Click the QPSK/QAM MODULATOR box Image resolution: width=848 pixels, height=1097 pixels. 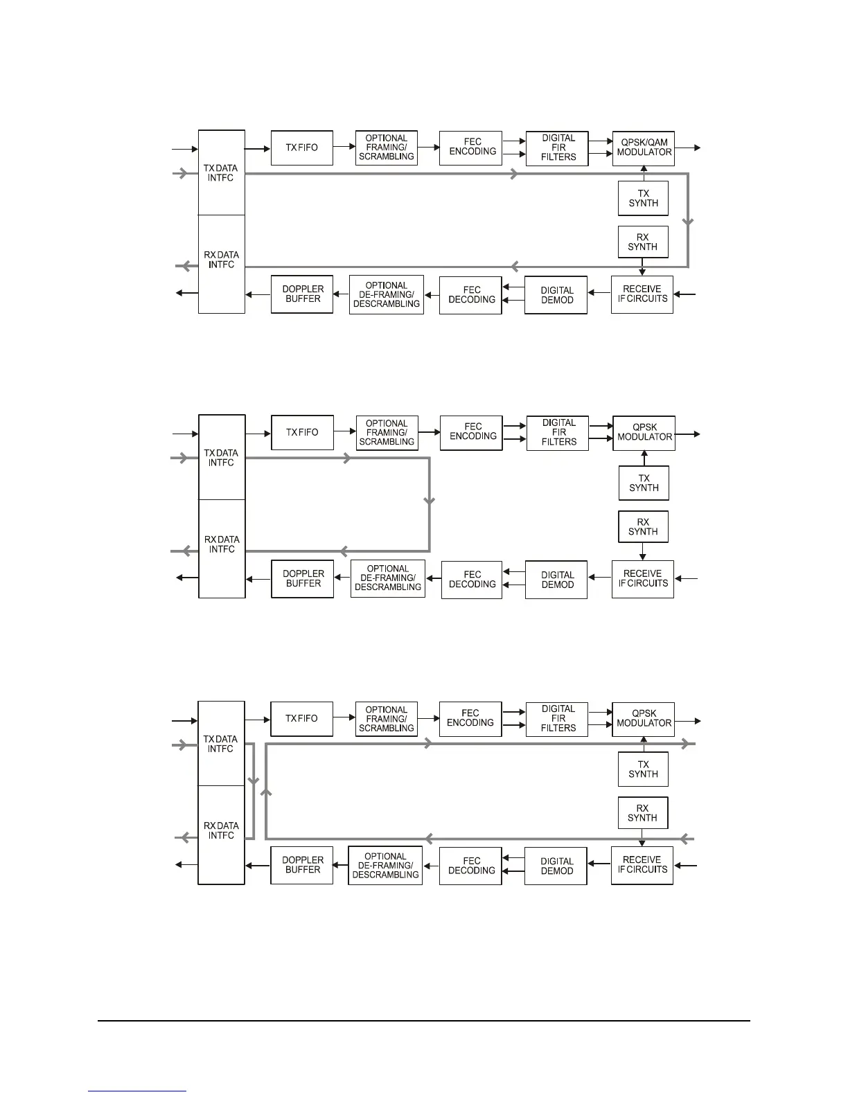tap(644, 148)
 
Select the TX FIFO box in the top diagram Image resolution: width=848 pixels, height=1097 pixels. tap(301, 148)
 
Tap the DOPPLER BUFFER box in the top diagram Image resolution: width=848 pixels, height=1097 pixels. tap(302, 294)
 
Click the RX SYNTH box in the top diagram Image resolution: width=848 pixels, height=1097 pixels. tap(643, 242)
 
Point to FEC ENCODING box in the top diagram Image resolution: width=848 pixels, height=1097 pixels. tap(470, 148)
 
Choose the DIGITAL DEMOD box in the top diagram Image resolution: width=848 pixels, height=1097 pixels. tap(556, 295)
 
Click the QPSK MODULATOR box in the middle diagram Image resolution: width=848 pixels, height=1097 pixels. tap(644, 433)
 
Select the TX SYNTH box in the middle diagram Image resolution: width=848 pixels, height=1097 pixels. tap(644, 483)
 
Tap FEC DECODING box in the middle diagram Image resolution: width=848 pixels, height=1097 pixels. tap(472, 580)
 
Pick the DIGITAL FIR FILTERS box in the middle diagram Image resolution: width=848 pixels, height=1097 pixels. tap(558, 433)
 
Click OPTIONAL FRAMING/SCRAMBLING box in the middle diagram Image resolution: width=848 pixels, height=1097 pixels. tap(387, 433)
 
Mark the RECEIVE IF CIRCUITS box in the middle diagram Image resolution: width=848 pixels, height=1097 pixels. tap(643, 579)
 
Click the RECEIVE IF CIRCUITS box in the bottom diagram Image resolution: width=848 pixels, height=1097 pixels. tap(642, 865)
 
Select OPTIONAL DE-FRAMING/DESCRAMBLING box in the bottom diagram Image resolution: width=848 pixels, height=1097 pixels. tap(385, 865)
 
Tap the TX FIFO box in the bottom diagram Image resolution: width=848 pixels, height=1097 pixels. tap(301, 719)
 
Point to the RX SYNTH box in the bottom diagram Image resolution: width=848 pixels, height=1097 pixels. tap(643, 813)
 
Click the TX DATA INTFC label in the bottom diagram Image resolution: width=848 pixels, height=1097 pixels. tap(221, 744)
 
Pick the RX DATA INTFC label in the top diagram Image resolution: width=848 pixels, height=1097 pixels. tap(221, 260)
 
